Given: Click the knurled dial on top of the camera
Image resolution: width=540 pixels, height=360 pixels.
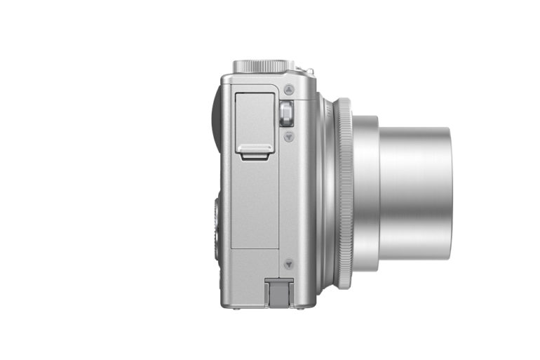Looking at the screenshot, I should pyautogui.click(x=263, y=65).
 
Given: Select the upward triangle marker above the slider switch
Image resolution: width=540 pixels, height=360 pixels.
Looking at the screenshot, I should pyautogui.click(x=289, y=90).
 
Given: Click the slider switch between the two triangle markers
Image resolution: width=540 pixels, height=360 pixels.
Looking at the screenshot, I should pyautogui.click(x=286, y=114).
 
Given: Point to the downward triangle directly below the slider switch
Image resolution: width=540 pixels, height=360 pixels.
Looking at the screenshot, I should pyautogui.click(x=289, y=136).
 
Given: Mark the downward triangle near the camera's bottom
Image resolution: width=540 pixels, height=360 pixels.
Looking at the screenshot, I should pyautogui.click(x=288, y=265).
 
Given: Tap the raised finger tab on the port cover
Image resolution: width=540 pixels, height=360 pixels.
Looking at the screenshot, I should pyautogui.click(x=255, y=149).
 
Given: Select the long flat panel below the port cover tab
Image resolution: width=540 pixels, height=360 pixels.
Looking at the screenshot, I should pyautogui.click(x=255, y=204).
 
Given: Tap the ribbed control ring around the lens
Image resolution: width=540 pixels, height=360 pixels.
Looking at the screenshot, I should pyautogui.click(x=344, y=193).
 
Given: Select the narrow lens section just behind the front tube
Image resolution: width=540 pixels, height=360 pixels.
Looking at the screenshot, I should pyautogui.click(x=365, y=193).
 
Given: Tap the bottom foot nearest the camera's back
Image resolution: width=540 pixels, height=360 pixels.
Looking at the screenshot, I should pyautogui.click(x=235, y=307).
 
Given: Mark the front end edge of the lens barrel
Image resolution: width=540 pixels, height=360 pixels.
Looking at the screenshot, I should pyautogui.click(x=449, y=193).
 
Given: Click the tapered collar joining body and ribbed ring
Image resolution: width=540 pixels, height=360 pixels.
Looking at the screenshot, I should pyautogui.click(x=326, y=193).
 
